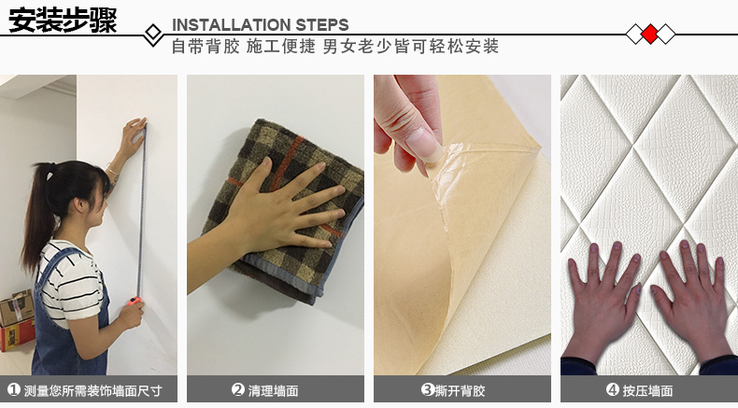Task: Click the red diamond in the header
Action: [x=650, y=34]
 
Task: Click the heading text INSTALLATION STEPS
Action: [x=261, y=24]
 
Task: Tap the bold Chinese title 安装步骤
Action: [x=63, y=21]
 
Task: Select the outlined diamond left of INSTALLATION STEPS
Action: [x=153, y=34]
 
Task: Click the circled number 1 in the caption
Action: [x=14, y=389]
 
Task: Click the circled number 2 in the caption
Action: [x=238, y=389]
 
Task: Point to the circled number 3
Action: [x=427, y=389]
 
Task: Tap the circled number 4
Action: [x=612, y=389]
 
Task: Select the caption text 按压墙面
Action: [x=647, y=390]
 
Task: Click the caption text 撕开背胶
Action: [x=460, y=390]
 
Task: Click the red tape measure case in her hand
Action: [x=135, y=301]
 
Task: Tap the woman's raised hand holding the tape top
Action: [x=132, y=137]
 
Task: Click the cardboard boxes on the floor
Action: [x=17, y=320]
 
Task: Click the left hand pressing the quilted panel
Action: [x=602, y=302]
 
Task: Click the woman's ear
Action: [x=79, y=204]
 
